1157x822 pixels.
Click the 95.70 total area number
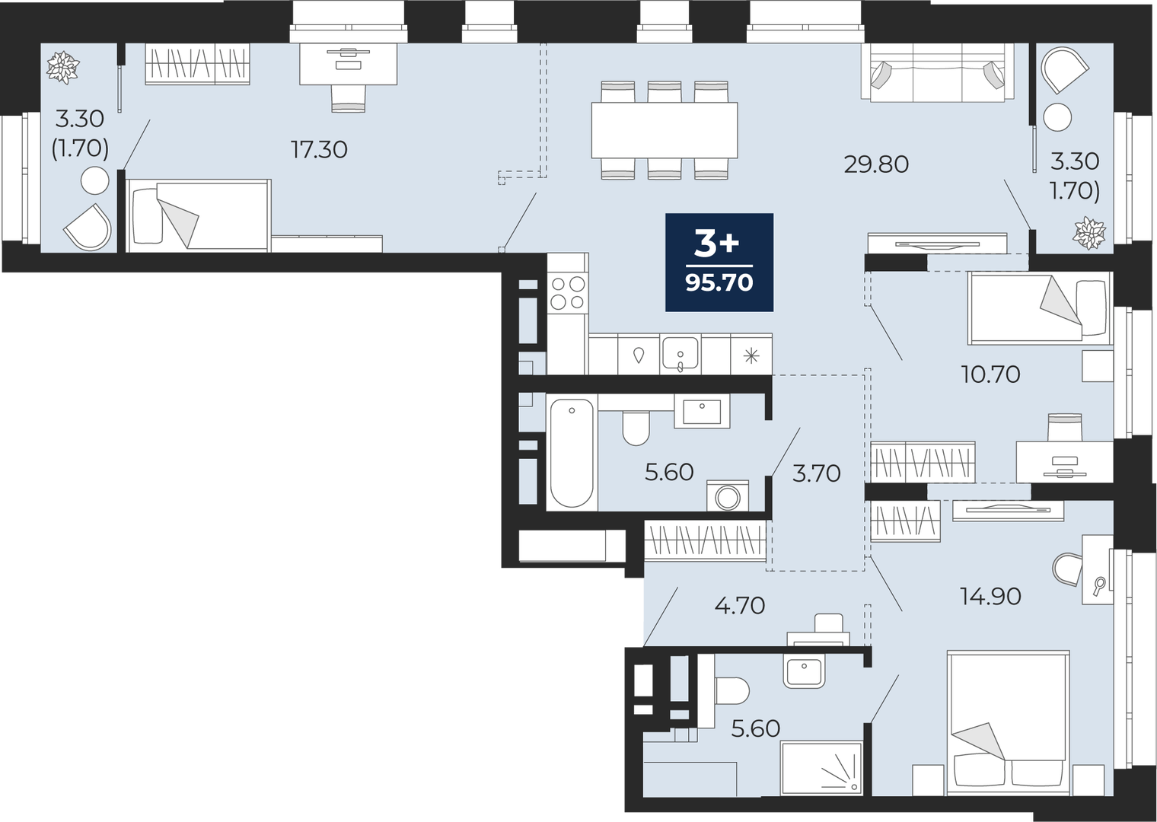pos(719,283)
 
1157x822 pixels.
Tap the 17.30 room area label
pos(319,150)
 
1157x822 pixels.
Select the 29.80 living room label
pos(876,164)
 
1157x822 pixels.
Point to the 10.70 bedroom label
pos(990,374)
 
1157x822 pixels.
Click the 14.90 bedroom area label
pos(990,597)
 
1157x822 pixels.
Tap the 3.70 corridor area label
pos(816,473)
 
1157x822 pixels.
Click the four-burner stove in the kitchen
pos(568,293)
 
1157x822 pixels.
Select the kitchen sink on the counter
pos(680,354)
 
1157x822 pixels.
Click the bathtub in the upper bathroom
pos(572,453)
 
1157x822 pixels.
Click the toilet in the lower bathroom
pos(731,691)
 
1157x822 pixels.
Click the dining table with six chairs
pos(665,130)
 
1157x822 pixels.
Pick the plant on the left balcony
pos(63,67)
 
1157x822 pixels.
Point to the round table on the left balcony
pos(95,180)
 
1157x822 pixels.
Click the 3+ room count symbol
pos(717,245)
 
